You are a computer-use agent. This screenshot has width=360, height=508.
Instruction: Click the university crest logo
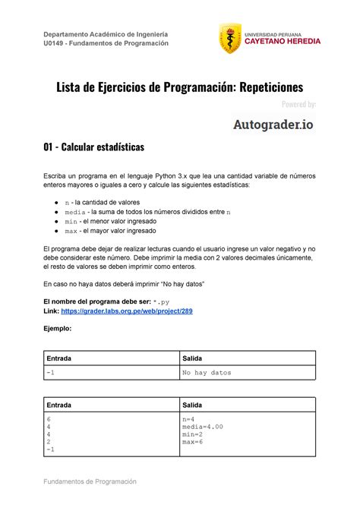(230, 39)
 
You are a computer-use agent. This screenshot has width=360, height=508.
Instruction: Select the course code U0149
(58, 43)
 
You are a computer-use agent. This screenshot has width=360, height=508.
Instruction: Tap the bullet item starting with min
(115, 222)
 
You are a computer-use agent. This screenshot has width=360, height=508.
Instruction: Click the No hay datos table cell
(207, 374)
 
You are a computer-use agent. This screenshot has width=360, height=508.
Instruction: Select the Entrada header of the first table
(62, 358)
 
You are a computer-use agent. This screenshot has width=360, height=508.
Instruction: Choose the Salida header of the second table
(196, 405)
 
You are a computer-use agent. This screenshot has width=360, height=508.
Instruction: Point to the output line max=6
(193, 442)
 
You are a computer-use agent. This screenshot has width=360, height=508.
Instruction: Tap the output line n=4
(189, 418)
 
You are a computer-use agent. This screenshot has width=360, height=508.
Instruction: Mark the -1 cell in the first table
(50, 374)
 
